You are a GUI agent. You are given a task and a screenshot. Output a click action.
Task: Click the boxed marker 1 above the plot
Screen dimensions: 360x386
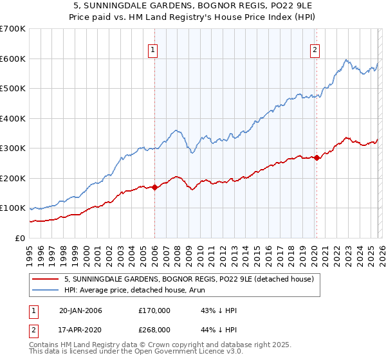154,51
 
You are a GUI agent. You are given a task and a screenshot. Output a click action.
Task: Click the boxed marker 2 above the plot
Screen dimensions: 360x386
315,51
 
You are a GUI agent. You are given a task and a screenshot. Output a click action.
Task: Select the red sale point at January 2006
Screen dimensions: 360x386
155,187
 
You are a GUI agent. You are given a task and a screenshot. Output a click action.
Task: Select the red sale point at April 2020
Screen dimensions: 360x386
317,158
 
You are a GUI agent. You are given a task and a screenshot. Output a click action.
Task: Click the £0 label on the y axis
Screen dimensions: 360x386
21,238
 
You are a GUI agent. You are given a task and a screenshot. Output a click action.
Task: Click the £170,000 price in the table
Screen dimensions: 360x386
154,310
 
